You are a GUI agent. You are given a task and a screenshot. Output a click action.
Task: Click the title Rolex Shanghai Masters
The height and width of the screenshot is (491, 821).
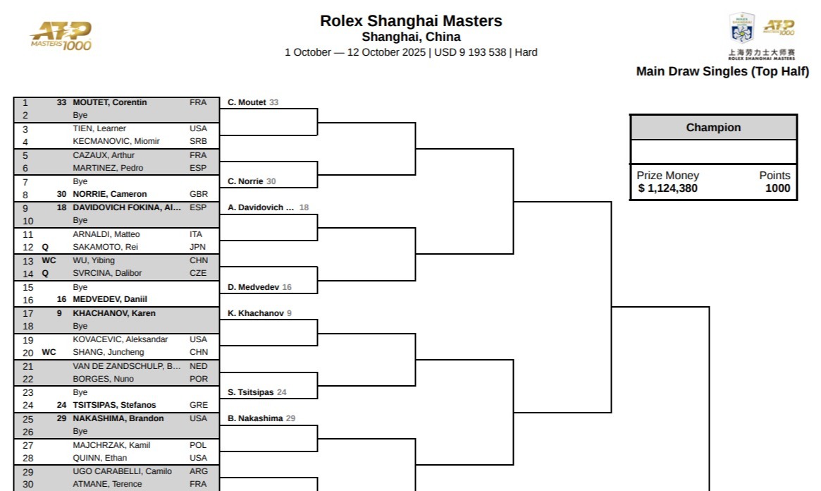tap(411, 21)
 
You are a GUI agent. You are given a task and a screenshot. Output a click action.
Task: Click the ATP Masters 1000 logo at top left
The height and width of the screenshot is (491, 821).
tap(61, 35)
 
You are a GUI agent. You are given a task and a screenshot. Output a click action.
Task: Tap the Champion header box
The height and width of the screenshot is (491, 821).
tap(713, 128)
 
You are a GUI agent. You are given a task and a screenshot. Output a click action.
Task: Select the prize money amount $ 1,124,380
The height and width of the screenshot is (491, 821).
tap(667, 188)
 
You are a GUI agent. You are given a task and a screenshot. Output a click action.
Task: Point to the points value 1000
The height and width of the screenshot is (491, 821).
tap(777, 188)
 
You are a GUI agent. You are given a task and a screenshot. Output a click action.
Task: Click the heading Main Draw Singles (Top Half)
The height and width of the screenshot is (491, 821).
tap(722, 71)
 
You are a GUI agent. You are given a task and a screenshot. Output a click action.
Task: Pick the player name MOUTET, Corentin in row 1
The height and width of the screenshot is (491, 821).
tap(110, 102)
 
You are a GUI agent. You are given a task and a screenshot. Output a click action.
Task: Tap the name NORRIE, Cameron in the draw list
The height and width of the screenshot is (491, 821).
tap(110, 194)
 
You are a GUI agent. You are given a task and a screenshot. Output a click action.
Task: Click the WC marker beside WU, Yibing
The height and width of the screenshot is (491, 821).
tap(49, 260)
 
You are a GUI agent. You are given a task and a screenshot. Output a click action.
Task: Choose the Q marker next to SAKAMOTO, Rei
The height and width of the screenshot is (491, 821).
tap(45, 247)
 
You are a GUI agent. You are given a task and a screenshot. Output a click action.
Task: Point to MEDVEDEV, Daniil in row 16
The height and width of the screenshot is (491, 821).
tap(110, 299)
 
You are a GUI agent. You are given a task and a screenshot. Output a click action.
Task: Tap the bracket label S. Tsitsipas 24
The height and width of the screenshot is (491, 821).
tap(257, 392)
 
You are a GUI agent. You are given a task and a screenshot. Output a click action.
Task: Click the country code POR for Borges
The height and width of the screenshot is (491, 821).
tap(199, 379)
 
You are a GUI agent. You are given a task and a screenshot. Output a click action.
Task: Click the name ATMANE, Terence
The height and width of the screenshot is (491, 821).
tap(107, 484)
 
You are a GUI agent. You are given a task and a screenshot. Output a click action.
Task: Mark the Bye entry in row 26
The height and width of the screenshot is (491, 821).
tap(80, 431)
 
